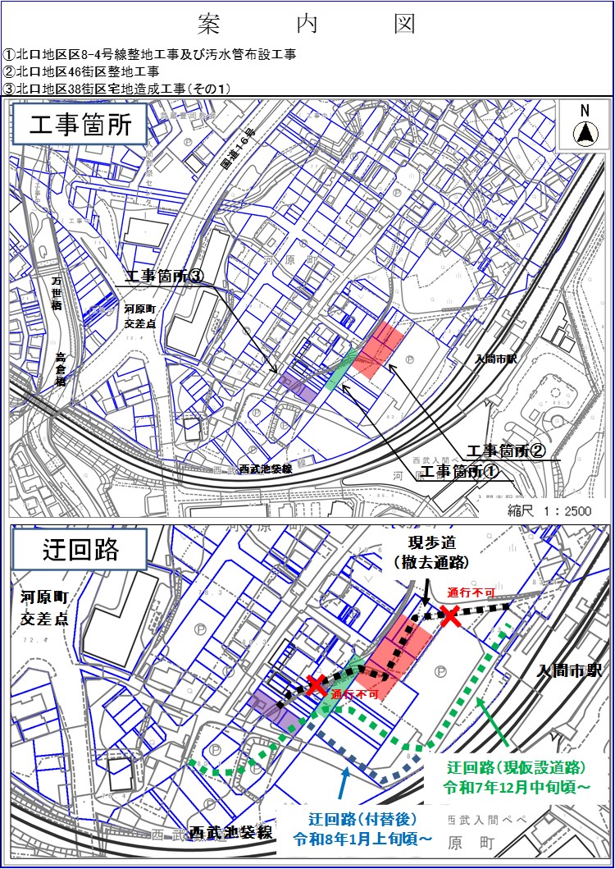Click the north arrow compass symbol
[585, 131]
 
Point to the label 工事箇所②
[506, 451]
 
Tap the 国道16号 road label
[239, 152]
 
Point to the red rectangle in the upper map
[380, 349]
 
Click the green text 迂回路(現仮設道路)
[516, 777]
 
